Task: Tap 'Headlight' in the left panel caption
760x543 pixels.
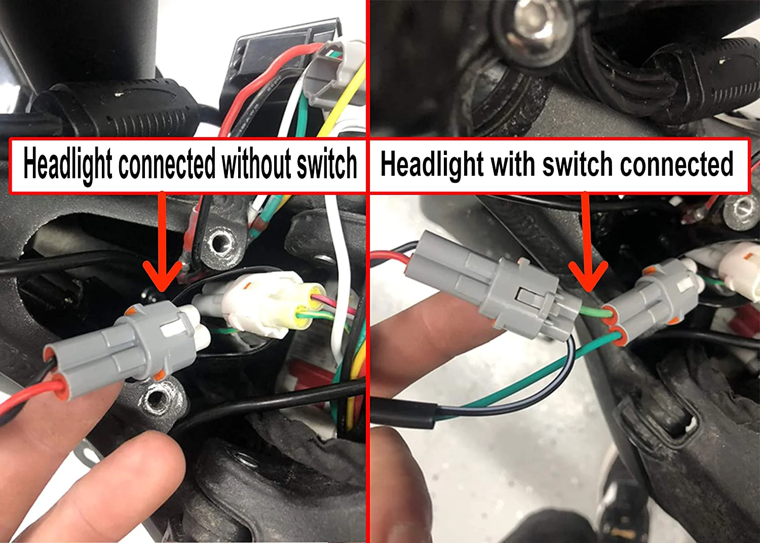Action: click(x=68, y=165)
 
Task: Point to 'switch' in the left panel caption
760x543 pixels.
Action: click(x=327, y=165)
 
